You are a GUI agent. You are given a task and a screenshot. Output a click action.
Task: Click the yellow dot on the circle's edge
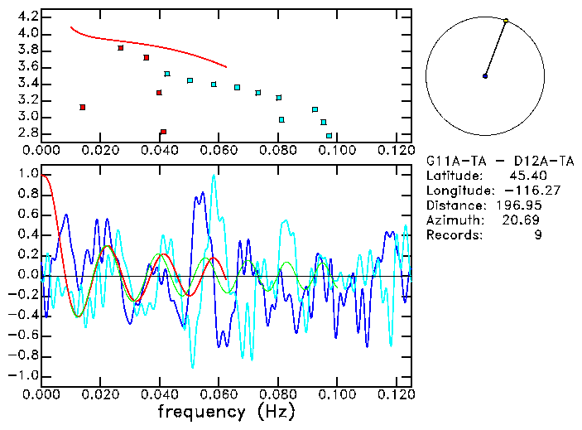(506, 21)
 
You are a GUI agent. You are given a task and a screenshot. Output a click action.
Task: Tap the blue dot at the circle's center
(485, 76)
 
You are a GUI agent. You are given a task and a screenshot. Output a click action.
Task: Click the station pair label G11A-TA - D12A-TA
(495, 161)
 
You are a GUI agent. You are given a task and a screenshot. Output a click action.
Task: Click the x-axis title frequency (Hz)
(225, 412)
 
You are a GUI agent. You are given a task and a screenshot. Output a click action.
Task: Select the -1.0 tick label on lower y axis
(24, 375)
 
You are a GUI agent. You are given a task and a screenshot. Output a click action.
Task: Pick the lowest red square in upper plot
(163, 132)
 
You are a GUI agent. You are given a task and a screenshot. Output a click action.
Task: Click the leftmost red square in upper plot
(82, 107)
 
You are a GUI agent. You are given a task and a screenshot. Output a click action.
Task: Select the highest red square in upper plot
(121, 48)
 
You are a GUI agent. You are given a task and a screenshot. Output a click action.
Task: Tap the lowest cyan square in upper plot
(329, 135)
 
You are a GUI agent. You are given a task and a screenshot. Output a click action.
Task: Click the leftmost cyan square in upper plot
(167, 74)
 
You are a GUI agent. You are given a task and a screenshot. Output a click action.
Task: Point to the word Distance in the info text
(455, 205)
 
